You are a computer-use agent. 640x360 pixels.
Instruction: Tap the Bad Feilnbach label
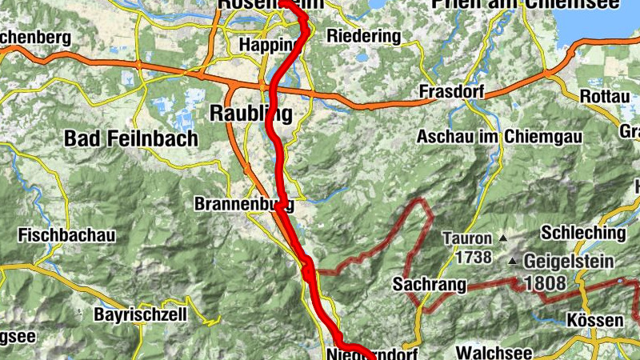130,138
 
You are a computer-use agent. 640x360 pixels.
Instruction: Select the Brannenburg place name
243,205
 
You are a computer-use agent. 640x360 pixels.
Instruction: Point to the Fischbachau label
66,236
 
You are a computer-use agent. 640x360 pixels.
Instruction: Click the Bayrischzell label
140,314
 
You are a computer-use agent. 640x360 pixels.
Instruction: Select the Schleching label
583,233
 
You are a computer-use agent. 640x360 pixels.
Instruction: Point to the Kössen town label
594,321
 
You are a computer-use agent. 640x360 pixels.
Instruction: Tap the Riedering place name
364,36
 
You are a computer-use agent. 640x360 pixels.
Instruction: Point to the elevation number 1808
545,283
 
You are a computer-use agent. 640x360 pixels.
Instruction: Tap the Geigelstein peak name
569,261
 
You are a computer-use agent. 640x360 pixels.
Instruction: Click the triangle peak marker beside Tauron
503,238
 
